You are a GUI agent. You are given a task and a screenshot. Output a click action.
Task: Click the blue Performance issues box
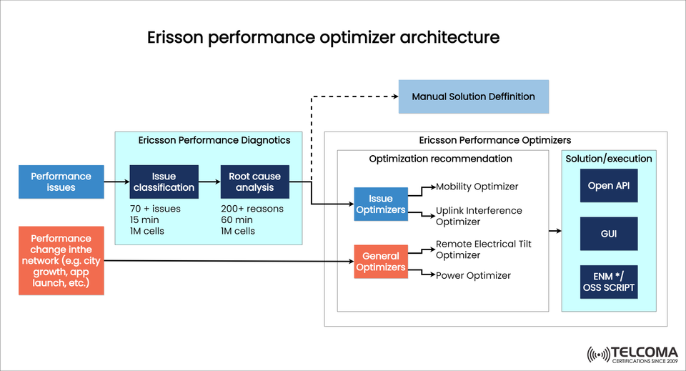click(61, 182)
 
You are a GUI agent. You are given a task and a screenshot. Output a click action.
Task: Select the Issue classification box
click(163, 182)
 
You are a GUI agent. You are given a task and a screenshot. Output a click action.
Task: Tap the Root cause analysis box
click(254, 182)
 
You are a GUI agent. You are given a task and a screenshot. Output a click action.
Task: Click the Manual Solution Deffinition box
click(473, 97)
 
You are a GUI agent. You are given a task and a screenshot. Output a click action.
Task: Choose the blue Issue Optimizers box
click(381, 204)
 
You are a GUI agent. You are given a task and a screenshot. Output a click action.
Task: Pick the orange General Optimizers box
click(381, 262)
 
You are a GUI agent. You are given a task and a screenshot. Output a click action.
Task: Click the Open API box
click(608, 186)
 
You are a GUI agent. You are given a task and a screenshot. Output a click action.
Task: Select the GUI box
click(608, 233)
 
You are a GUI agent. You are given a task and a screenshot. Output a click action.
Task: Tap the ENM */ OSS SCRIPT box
click(608, 282)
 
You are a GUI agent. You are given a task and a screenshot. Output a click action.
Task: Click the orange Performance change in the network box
click(61, 261)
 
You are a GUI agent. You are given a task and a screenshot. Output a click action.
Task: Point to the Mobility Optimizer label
click(477, 187)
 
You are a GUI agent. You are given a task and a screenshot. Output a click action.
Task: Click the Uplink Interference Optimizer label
click(479, 216)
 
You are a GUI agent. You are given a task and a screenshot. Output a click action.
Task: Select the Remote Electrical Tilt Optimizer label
click(483, 249)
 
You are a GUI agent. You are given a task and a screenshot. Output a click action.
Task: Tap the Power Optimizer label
click(473, 275)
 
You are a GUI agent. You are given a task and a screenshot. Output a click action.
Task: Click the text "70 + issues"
click(155, 209)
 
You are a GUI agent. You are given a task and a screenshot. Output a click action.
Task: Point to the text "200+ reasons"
click(252, 209)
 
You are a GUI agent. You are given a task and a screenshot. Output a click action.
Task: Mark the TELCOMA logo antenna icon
click(597, 354)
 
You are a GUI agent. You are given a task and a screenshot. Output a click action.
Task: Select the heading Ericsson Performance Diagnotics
click(214, 140)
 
